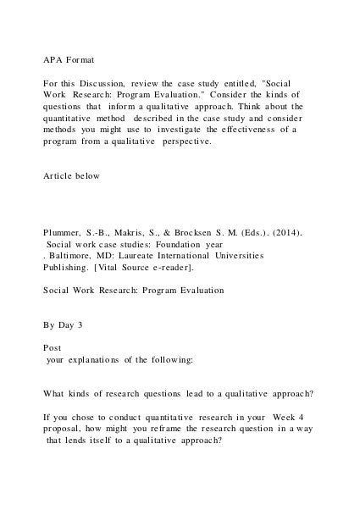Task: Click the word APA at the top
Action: tap(54, 61)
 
